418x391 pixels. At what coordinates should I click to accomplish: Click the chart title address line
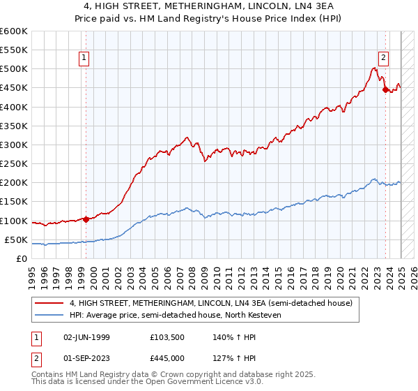click(x=208, y=6)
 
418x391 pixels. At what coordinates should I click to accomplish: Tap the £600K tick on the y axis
click(x=14, y=31)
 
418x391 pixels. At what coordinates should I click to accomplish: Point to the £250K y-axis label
click(x=14, y=164)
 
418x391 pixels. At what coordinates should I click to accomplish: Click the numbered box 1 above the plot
click(x=84, y=58)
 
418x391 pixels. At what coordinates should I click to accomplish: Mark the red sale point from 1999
click(x=86, y=219)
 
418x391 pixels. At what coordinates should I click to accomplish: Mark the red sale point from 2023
click(x=385, y=89)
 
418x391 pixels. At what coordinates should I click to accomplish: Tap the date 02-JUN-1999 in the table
click(x=86, y=337)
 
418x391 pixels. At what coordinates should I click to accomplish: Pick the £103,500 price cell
click(x=166, y=337)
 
